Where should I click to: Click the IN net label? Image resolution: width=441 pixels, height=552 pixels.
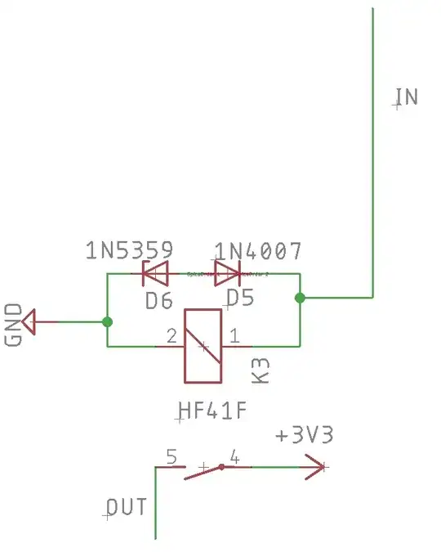tap(406, 97)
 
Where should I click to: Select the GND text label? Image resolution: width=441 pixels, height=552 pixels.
tap(14, 325)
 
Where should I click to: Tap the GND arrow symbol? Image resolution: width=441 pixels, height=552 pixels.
tap(30, 321)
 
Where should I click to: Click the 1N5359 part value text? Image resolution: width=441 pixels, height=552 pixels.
tap(129, 251)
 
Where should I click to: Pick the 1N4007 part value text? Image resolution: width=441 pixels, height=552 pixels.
tap(258, 251)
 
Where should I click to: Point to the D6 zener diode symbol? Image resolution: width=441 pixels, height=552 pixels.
tap(155, 270)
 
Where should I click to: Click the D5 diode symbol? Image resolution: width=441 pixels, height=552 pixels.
tap(227, 270)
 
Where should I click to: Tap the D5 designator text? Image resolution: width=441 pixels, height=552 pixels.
tap(240, 298)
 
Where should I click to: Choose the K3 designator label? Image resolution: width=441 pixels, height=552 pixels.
tap(261, 370)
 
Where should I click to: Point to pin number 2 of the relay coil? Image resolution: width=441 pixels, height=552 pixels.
tap(171, 335)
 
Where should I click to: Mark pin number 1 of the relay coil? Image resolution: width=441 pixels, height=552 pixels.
tap(234, 335)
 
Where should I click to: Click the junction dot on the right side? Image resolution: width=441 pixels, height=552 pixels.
tap(300, 298)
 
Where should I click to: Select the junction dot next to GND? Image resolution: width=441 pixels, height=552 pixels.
tap(107, 322)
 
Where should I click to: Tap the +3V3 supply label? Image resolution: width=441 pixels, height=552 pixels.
tap(304, 436)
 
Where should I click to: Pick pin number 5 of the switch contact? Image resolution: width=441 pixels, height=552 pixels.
tap(171, 456)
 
